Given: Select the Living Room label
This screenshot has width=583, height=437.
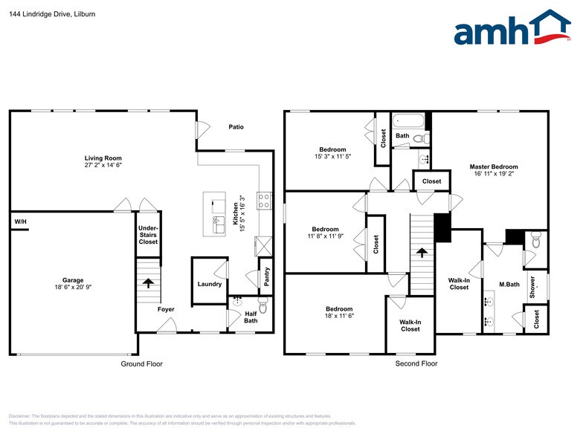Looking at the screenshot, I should tap(103, 158).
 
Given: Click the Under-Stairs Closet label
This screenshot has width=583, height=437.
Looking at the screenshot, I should tap(148, 235).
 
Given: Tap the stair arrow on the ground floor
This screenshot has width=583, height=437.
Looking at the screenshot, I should tap(148, 282).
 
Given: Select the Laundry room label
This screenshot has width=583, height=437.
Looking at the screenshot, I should tap(210, 284).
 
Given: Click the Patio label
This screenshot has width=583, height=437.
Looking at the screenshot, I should tap(236, 127).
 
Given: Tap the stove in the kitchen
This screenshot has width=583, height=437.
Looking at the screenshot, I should tap(263, 201).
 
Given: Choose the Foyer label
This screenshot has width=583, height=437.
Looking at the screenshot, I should tap(166, 308).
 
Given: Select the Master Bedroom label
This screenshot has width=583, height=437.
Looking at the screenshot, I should tap(493, 166).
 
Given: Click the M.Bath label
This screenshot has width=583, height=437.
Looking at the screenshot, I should tap(509, 284).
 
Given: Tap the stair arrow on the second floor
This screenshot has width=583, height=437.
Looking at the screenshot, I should tap(422, 253).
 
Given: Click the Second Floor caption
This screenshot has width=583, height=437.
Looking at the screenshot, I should tap(416, 363).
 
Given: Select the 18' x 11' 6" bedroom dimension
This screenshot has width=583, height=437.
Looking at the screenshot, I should tap(338, 316).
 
